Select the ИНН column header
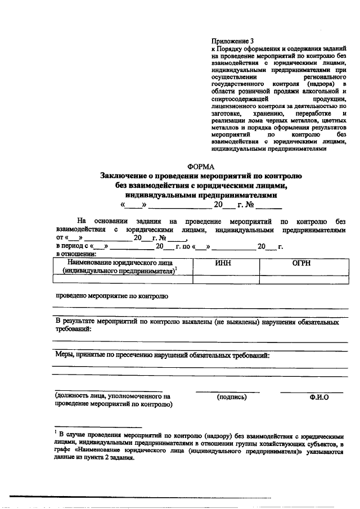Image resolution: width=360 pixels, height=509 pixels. point(226,262)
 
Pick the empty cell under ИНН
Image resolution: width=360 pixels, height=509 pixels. point(226,278)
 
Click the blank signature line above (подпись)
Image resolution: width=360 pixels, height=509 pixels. point(228,391)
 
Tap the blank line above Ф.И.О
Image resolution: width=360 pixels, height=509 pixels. point(312,391)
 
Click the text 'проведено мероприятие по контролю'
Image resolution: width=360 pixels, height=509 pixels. point(111,295)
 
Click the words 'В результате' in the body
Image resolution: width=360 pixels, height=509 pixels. point(75,323)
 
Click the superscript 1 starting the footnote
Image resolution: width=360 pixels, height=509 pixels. point(56,433)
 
